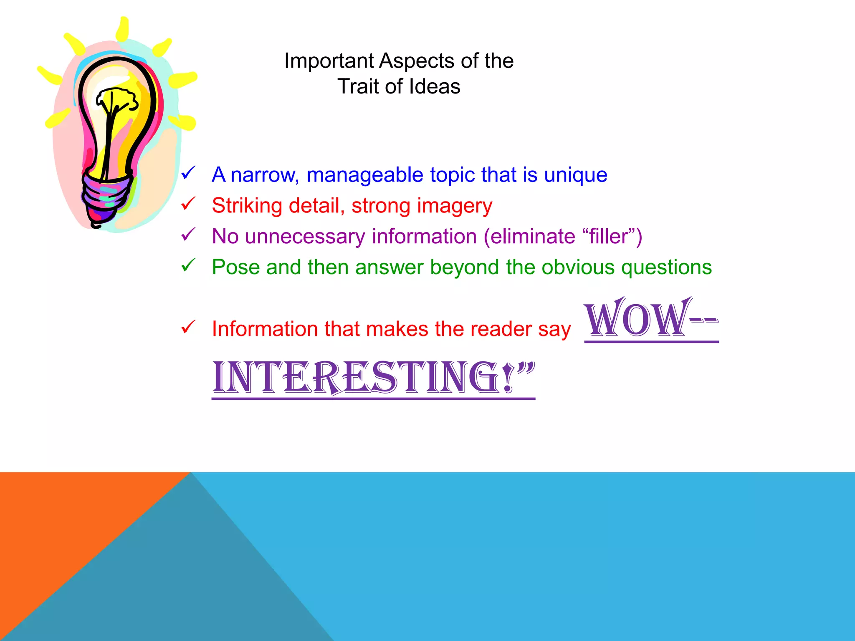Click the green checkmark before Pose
tap(188, 265)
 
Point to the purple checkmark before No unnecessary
tap(188, 235)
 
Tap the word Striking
tap(247, 206)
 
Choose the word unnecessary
tap(305, 237)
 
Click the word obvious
tap(578, 267)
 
